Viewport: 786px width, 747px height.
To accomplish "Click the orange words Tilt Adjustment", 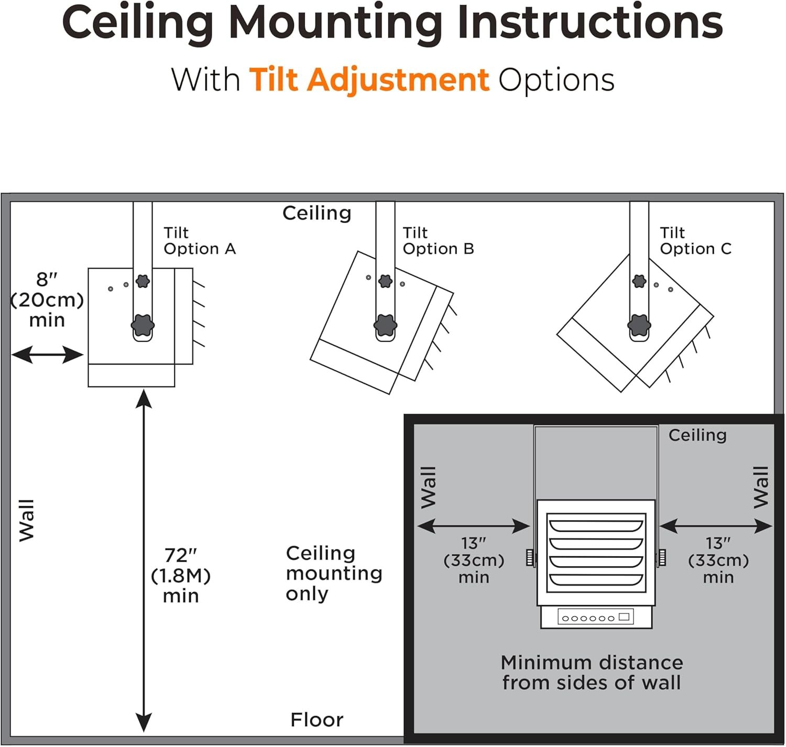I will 369,80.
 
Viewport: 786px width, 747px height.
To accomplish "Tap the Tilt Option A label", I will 199,240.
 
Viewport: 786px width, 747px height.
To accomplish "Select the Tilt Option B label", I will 438,240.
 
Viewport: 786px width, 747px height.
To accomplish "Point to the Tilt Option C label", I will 695,240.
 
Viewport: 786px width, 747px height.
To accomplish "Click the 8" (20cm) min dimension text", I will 47,300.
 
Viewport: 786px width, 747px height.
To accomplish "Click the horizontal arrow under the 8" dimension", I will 47,355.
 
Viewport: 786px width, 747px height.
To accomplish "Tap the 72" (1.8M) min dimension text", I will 181,575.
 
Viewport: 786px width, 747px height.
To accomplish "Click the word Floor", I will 317,720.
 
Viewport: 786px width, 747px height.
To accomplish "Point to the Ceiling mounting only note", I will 334,573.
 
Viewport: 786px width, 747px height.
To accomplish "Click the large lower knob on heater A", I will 143,325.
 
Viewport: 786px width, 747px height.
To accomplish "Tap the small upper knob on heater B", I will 386,281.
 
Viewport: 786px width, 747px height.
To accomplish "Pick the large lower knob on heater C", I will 639,325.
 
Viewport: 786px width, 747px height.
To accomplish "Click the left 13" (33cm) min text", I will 474,561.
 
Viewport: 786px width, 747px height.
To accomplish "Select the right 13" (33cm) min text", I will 718,561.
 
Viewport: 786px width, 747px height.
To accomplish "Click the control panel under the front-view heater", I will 596,617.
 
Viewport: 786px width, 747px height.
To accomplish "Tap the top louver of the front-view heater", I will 595,524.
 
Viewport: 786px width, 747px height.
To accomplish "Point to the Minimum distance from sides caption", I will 592,673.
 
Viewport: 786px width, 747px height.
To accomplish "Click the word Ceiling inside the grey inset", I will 697,435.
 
